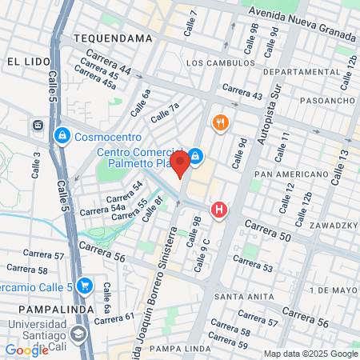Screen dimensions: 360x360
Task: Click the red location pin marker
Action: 181,162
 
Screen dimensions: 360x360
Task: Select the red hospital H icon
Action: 218,210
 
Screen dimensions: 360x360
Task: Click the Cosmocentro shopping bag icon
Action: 61,137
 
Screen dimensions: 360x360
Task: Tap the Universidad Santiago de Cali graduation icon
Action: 78,333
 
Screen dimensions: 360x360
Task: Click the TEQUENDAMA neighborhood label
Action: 112,38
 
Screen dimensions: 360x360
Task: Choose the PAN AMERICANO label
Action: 288,174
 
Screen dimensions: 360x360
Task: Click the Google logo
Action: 26,350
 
